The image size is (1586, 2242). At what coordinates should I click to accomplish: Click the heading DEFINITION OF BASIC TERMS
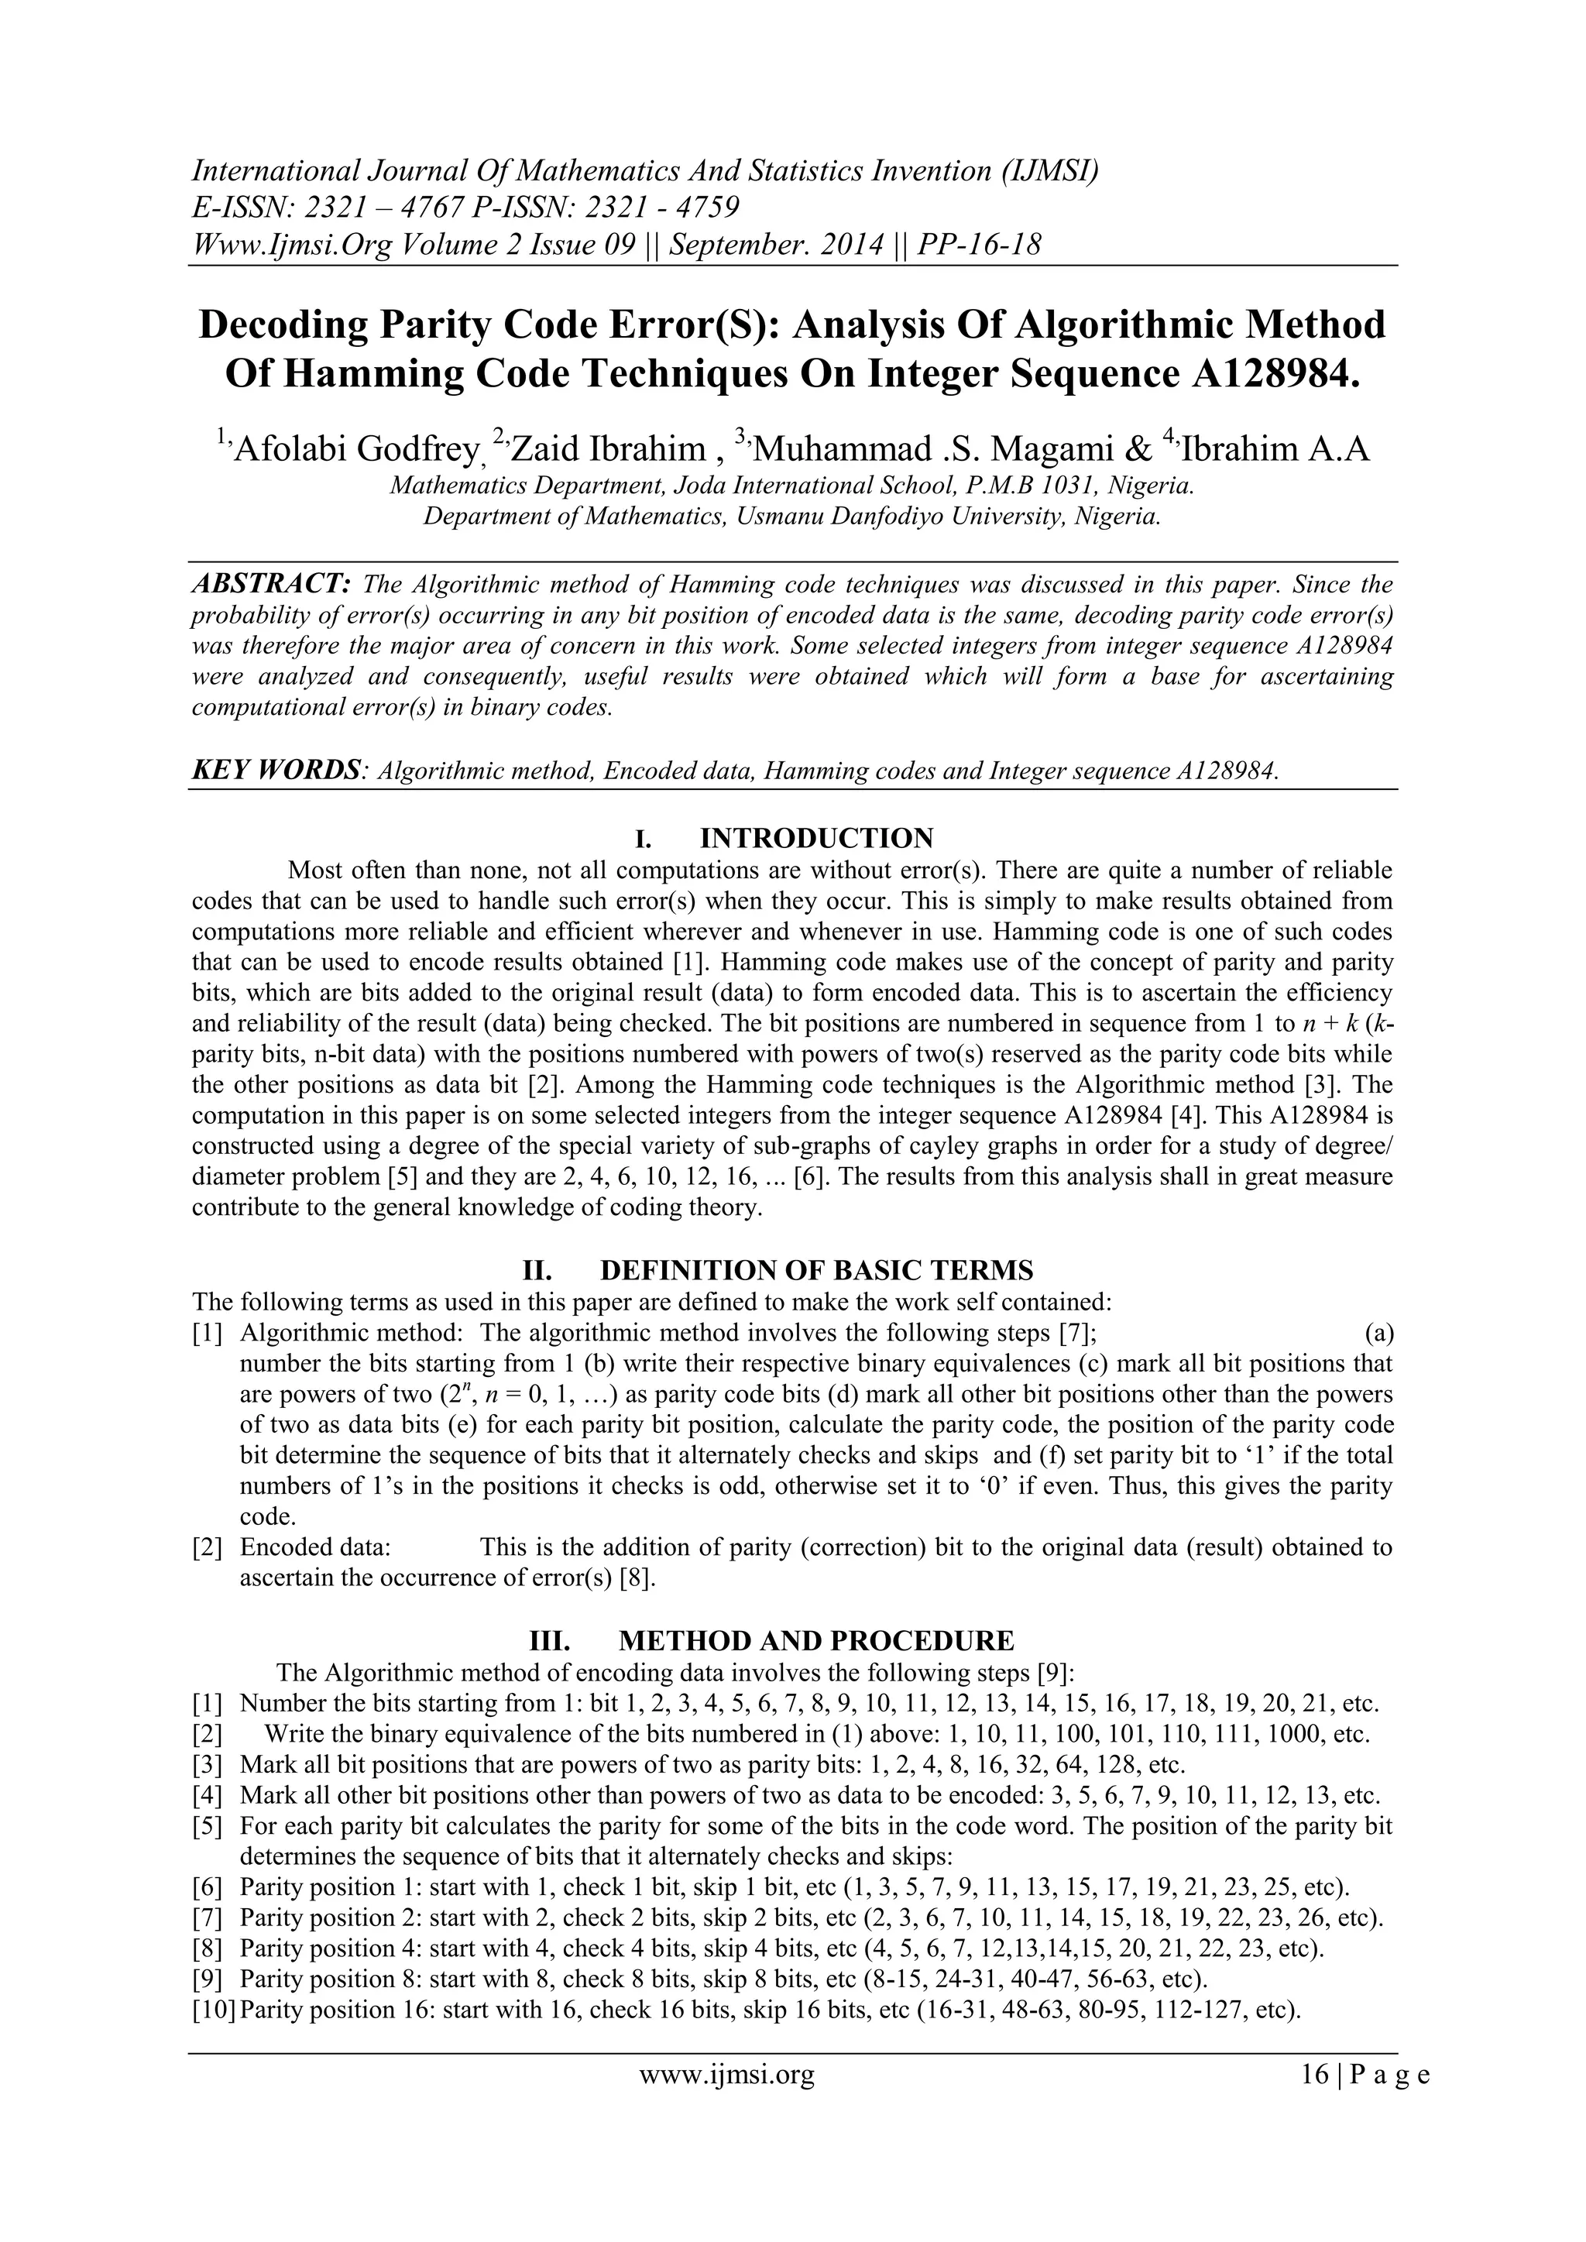(815, 1270)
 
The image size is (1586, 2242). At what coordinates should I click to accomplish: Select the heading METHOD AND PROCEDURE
(816, 1639)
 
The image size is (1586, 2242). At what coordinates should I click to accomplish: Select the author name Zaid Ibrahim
(606, 449)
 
